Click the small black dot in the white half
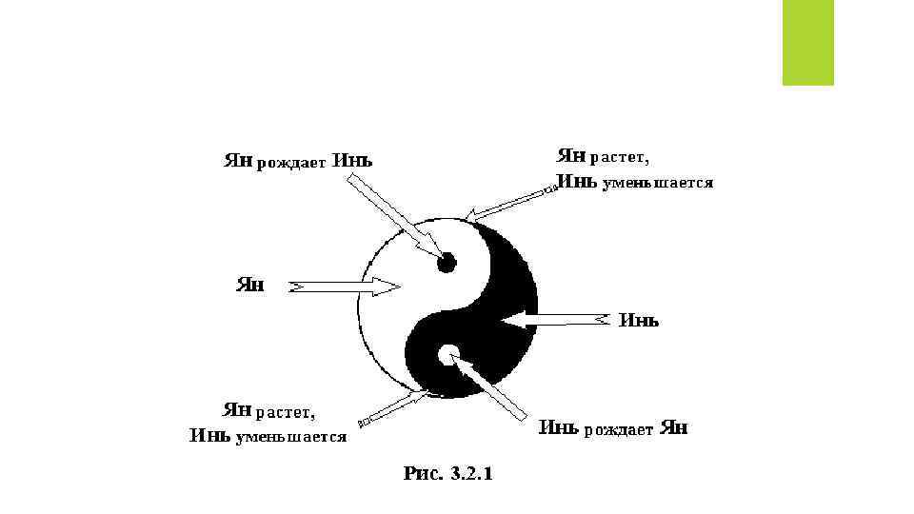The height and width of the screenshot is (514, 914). (445, 262)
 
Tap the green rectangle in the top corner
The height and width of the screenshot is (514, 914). (807, 42)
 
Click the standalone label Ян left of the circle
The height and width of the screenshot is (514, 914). (250, 284)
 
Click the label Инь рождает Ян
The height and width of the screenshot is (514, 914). (613, 428)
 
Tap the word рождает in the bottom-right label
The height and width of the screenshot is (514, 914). (618, 429)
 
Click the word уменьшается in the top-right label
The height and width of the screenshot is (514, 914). (657, 181)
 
